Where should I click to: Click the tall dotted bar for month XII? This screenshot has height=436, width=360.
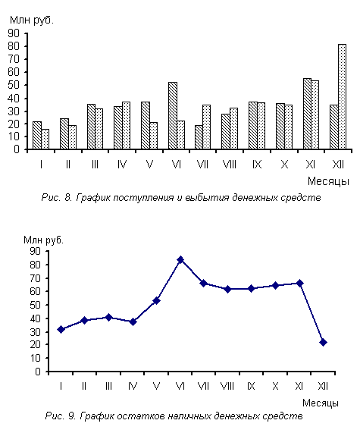(342, 96)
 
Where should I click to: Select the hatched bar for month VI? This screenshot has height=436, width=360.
(173, 116)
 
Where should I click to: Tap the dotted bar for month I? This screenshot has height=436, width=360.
(45, 139)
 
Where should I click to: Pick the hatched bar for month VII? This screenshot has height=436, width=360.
(199, 137)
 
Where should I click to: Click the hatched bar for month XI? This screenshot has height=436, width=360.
(307, 114)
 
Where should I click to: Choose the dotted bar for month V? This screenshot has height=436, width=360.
(153, 136)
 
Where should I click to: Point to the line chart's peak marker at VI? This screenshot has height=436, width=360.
(180, 260)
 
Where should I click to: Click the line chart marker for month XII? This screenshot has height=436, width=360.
(323, 343)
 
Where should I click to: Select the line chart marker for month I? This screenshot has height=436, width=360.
(61, 330)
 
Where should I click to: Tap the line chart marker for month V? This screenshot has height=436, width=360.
(157, 300)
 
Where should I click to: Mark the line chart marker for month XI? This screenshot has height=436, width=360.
(299, 284)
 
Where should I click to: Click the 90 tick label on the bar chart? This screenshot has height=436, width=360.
(14, 33)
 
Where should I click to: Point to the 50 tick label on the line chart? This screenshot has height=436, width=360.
(36, 305)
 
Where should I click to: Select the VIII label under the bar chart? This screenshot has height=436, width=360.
(230, 165)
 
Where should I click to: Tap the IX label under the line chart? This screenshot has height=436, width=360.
(251, 386)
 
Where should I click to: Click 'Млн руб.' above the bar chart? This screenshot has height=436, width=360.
(32, 20)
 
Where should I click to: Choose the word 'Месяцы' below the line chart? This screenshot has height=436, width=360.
(321, 403)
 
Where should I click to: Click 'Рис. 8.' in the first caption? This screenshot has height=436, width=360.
(57, 197)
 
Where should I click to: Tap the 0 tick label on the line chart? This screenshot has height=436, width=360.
(38, 372)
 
